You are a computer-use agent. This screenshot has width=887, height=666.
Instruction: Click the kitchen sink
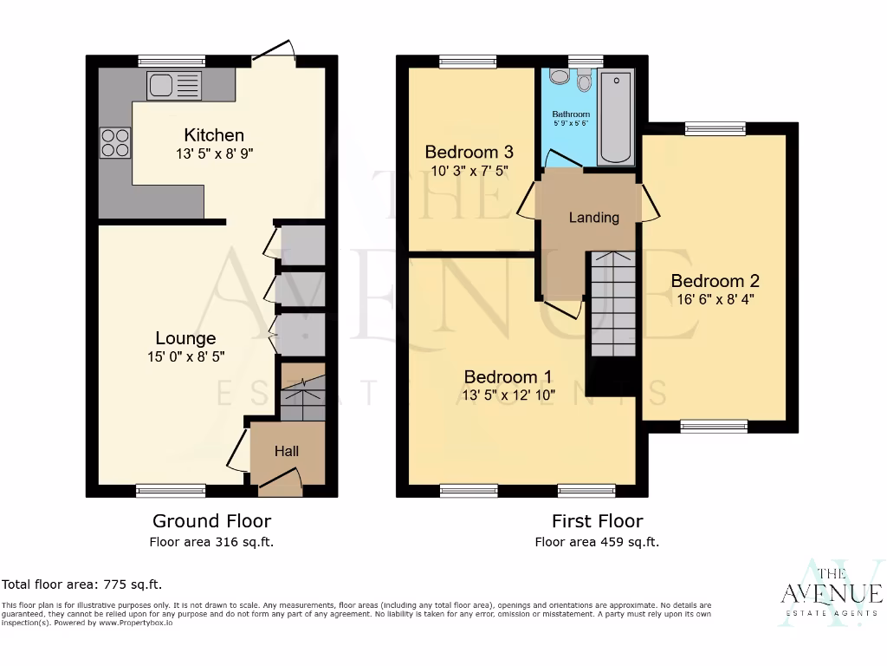tap(174, 85)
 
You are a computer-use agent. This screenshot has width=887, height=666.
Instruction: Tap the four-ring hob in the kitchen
tap(115, 142)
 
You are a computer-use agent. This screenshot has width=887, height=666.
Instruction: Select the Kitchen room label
tap(214, 135)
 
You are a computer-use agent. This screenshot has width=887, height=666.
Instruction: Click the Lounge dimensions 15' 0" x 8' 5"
tap(185, 356)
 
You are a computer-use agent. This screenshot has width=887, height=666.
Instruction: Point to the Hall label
tap(287, 451)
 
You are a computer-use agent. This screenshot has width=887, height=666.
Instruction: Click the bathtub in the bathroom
tap(615, 116)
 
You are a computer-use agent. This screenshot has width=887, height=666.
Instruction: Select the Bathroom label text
tap(571, 114)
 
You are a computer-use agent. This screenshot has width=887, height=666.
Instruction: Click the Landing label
tap(593, 218)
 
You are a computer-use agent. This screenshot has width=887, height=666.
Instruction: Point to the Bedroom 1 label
tap(508, 376)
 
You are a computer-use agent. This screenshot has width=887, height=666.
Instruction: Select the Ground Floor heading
tap(211, 521)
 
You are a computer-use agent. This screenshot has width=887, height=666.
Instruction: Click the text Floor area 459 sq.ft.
tap(597, 542)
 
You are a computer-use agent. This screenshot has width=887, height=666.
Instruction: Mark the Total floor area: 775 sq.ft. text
tap(82, 584)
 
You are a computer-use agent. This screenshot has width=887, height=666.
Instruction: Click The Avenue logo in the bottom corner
tap(831, 594)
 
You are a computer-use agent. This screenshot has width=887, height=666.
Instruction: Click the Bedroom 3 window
tap(468, 61)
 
